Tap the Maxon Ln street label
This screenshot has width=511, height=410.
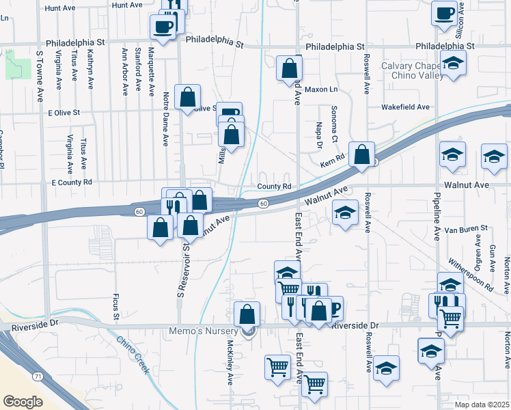[321, 90]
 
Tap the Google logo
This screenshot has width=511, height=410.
[23, 401]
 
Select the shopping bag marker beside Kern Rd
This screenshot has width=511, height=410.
[361, 154]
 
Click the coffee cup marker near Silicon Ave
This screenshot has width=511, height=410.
[444, 12]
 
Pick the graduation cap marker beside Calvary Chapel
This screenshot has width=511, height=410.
[452, 64]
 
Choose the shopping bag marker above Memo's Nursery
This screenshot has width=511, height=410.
[247, 314]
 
